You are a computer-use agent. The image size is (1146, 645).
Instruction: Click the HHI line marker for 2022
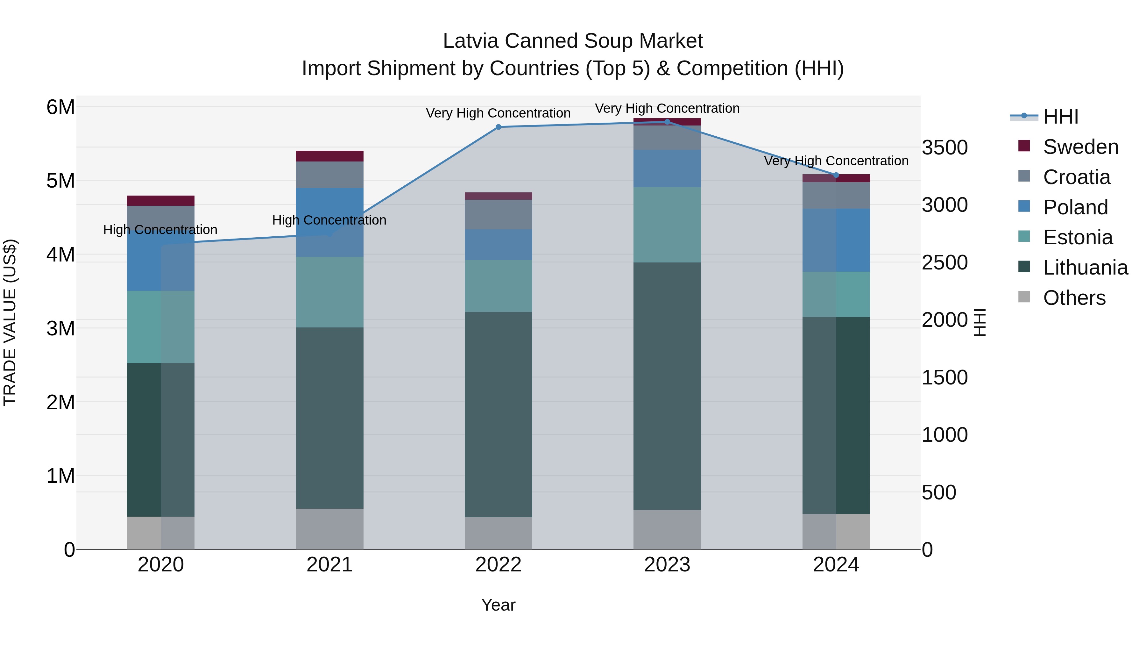point(498,127)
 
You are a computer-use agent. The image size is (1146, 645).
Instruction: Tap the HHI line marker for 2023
point(667,122)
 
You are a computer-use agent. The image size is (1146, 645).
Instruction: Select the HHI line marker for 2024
point(836,175)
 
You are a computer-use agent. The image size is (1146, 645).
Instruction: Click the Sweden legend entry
point(1080,147)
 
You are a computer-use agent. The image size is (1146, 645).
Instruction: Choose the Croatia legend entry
point(1076,177)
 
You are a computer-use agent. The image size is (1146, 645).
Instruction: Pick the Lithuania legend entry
point(1085,268)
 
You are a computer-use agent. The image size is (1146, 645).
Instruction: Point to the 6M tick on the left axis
point(60,107)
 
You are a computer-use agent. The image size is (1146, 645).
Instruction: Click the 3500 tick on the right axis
point(944,147)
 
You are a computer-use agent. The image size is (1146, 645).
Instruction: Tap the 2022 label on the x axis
point(498,565)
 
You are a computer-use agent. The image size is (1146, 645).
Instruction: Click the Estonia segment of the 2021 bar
point(330,292)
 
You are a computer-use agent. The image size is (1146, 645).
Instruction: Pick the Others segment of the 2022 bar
point(498,533)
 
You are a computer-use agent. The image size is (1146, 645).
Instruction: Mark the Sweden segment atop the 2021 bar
point(330,156)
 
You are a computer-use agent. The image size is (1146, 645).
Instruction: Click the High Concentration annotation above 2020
point(160,230)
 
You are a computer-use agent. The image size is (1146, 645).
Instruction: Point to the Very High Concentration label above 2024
point(836,161)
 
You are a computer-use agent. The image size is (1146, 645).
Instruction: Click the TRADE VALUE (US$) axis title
point(10,322)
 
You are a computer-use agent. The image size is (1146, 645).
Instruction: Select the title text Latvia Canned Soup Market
point(573,41)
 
